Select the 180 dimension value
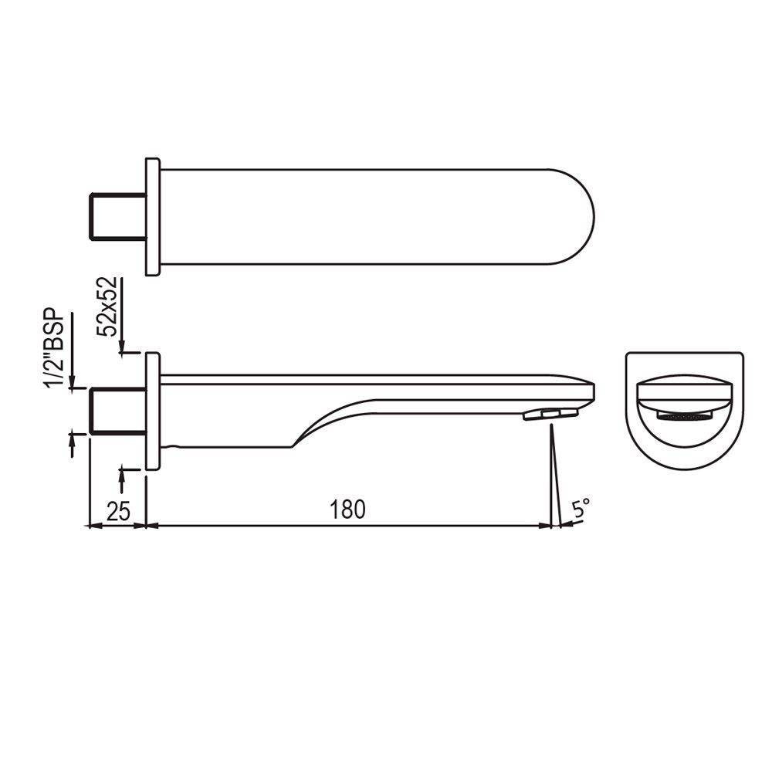(347, 510)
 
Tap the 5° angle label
(581, 508)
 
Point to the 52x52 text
(108, 306)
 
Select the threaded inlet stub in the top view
(117, 217)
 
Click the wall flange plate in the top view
(153, 217)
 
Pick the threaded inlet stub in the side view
(117, 411)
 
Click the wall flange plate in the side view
(153, 411)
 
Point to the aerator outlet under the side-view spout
(550, 415)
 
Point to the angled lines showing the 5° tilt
(554, 479)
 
